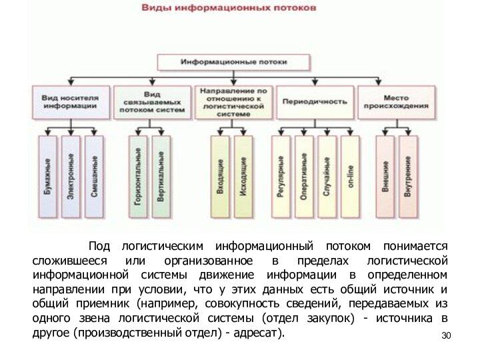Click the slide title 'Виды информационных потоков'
point(227,9)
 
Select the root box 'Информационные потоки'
point(233,62)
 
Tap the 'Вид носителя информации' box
point(71,101)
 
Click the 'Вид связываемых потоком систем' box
point(152,101)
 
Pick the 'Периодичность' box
point(315,102)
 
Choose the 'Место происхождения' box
point(396,101)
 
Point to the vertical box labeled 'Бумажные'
point(47,177)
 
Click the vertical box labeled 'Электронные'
point(71,177)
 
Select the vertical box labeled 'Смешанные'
point(94,177)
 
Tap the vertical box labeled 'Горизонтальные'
point(139,177)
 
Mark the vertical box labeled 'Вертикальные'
point(161,177)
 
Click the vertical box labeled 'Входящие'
point(220,177)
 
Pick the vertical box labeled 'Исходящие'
point(243,177)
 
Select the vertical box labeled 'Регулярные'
point(281,177)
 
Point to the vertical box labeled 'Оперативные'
point(304,177)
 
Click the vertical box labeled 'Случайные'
point(327,177)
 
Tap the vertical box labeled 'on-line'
point(350,177)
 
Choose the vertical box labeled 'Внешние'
point(385,177)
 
